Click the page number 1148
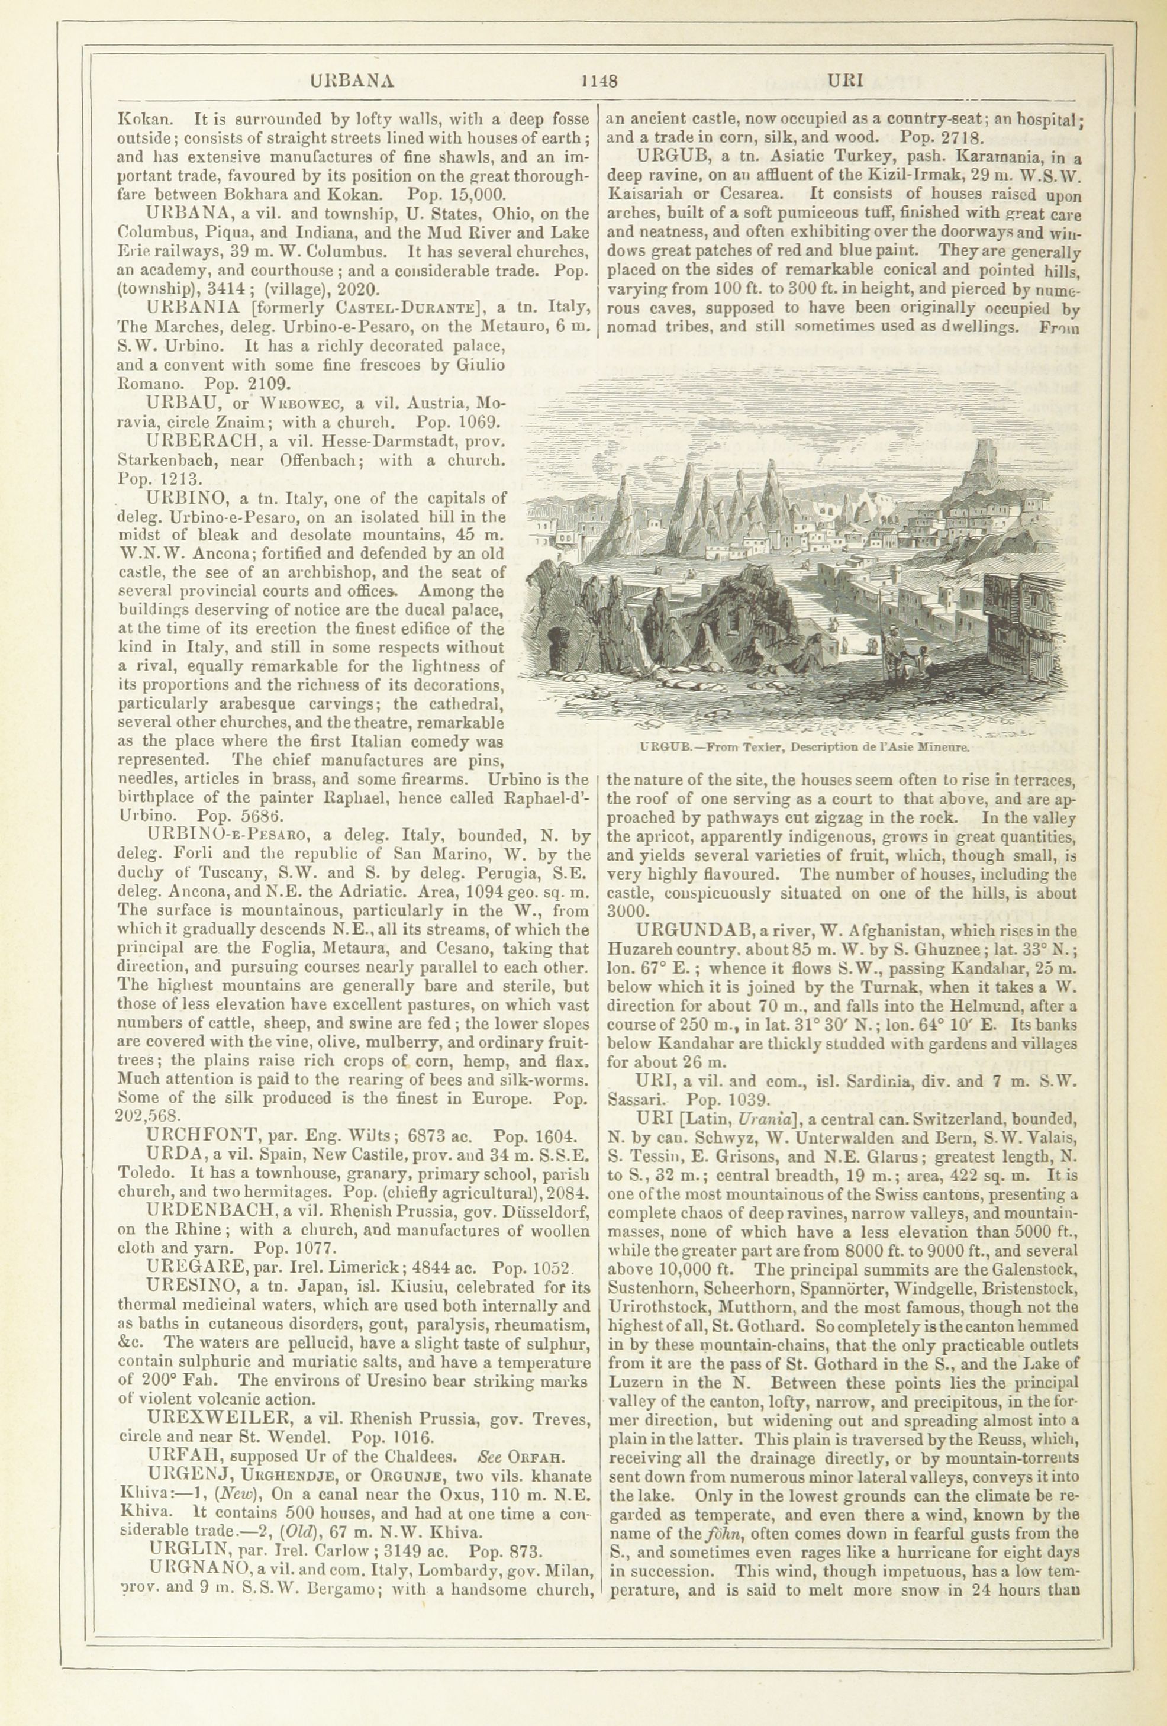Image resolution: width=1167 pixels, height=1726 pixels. pos(600,81)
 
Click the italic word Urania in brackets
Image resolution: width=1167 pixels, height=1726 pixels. pos(756,1118)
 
